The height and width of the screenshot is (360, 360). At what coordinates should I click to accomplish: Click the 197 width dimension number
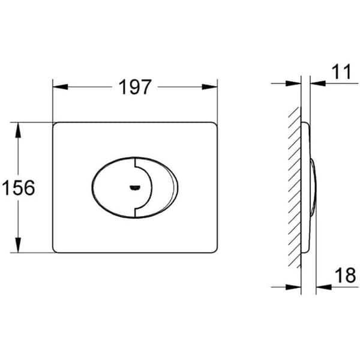click(135, 87)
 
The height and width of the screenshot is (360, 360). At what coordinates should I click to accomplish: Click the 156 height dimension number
click(19, 188)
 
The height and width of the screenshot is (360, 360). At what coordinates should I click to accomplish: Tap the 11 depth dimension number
click(341, 71)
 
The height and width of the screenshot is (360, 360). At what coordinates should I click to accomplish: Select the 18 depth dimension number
click(346, 275)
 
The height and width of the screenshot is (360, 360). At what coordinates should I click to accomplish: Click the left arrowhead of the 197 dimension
click(61, 87)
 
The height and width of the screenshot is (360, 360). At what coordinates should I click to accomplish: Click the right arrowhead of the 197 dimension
click(209, 87)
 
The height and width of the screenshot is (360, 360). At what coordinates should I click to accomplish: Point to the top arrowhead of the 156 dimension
click(18, 130)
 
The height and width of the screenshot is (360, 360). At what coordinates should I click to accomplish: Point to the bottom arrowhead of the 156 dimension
click(18, 245)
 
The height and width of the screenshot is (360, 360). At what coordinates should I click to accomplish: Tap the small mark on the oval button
click(135, 188)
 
